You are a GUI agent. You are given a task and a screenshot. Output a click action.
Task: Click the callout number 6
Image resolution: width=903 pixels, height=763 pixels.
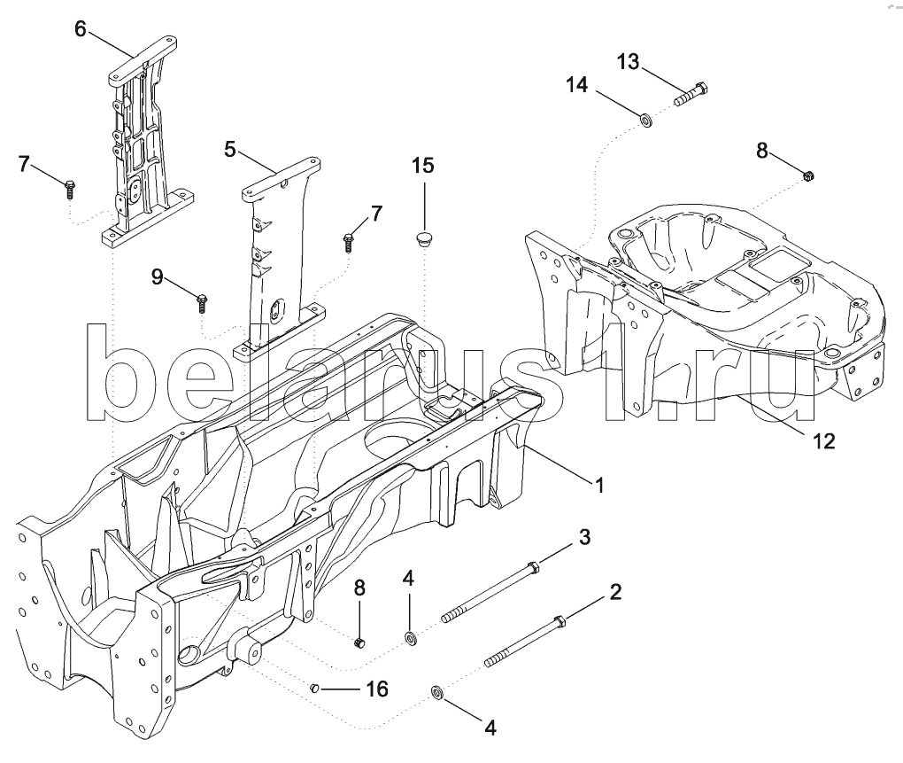(81, 28)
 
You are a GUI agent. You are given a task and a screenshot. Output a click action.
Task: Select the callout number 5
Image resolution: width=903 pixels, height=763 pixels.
(230, 149)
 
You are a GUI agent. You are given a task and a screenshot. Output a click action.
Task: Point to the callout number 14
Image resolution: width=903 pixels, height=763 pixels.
(577, 85)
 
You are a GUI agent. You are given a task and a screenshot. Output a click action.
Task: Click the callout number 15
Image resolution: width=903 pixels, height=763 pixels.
(422, 166)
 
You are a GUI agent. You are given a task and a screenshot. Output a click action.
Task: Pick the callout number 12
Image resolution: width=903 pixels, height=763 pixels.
(823, 441)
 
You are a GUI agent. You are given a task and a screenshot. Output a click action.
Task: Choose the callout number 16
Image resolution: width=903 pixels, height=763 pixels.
(377, 689)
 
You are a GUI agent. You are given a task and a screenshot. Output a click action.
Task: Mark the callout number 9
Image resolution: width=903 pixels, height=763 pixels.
(158, 277)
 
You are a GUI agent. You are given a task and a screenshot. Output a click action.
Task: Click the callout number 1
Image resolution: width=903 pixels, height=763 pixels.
(599, 486)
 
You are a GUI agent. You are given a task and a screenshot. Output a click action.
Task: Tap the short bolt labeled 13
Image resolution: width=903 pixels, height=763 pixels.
(691, 95)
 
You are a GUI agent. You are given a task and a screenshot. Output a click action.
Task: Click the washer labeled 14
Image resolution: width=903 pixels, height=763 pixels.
(647, 121)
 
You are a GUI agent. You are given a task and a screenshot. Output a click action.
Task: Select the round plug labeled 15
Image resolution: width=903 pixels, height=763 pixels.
(425, 238)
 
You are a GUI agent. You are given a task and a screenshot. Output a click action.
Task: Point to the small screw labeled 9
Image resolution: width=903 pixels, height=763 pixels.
(202, 302)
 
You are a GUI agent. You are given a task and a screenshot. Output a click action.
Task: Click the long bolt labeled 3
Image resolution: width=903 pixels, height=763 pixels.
(490, 593)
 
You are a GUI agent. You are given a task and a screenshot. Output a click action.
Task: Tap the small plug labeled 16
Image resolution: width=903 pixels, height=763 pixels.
(314, 688)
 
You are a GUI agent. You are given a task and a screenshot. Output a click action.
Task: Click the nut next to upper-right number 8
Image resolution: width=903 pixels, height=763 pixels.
(808, 175)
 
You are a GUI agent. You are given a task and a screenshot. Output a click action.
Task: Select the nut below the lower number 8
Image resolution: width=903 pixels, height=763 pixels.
(360, 642)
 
